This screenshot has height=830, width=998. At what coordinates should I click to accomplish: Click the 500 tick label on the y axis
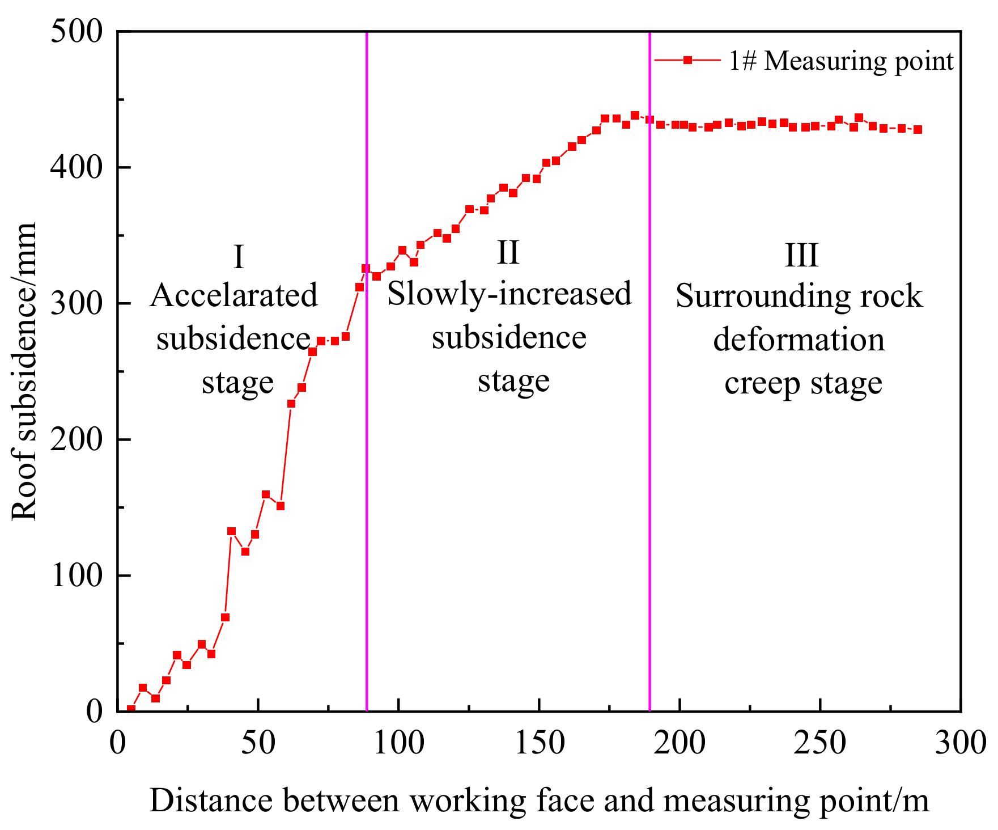click(77, 32)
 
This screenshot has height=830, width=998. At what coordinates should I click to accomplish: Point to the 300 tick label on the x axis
click(960, 743)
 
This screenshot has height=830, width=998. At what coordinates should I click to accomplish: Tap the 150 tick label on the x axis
click(540, 743)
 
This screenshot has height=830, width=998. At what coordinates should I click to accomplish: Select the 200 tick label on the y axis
click(77, 440)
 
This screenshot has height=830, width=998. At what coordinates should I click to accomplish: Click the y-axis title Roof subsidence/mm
click(24, 371)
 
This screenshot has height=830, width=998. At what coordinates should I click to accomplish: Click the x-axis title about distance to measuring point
click(539, 801)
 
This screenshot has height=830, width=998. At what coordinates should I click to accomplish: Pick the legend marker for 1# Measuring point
click(687, 60)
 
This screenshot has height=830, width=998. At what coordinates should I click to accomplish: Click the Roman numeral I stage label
click(239, 257)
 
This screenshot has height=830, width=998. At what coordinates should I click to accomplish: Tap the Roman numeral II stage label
click(508, 252)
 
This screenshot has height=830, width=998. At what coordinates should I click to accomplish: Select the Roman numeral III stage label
click(801, 255)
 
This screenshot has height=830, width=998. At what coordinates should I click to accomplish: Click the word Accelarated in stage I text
click(234, 295)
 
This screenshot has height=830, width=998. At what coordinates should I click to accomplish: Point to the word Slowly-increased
click(509, 294)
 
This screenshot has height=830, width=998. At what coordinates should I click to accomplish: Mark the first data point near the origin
click(131, 709)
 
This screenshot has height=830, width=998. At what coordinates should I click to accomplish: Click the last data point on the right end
click(918, 129)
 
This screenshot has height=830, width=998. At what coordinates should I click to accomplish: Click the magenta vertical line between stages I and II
click(367, 454)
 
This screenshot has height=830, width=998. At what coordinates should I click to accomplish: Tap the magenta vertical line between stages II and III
click(649, 454)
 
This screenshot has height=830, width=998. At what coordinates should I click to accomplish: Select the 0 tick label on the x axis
click(118, 743)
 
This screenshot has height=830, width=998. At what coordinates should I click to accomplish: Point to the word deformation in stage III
click(799, 340)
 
